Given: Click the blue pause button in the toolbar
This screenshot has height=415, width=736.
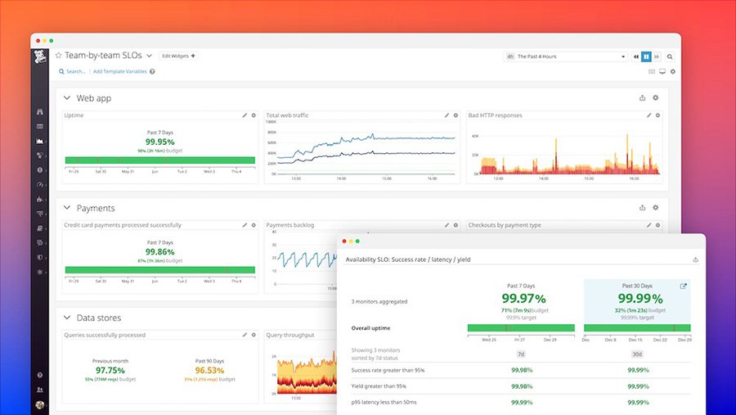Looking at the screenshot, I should [646, 56].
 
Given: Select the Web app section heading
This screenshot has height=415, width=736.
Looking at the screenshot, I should [93, 98].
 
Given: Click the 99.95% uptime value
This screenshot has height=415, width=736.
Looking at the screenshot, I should [159, 141].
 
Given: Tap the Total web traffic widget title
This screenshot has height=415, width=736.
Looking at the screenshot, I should [288, 115].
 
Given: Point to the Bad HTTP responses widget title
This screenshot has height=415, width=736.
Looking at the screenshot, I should [495, 115].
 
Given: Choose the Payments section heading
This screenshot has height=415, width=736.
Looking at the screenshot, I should [95, 208].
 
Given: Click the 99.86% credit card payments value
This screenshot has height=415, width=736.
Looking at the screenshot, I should [159, 251].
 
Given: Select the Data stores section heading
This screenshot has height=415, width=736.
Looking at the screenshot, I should [98, 318].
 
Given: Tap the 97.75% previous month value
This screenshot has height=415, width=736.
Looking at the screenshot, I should [109, 370].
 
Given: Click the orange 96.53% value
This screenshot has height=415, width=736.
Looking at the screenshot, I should [210, 370].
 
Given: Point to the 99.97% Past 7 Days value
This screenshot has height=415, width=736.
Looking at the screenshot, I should [523, 299].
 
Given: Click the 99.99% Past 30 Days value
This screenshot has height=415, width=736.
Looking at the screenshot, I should [640, 299].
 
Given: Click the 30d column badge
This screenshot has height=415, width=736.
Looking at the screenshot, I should [638, 354].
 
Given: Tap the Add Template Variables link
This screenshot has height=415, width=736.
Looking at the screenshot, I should [120, 72].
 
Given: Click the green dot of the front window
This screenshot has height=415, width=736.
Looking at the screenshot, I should [357, 241].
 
